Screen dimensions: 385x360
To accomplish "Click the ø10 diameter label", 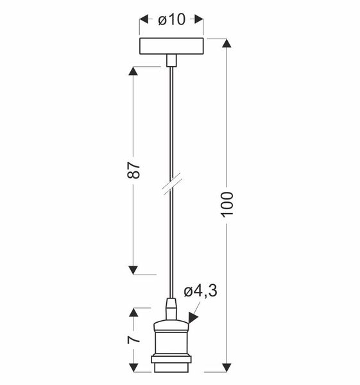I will [x=171, y=20].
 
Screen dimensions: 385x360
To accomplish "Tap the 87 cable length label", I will [x=133, y=170].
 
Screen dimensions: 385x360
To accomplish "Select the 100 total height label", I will [x=227, y=203].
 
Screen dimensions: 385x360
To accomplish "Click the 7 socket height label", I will [x=133, y=340].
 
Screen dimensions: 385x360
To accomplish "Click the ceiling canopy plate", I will [x=171, y=47].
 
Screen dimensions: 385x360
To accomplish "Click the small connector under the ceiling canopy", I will [x=171, y=61].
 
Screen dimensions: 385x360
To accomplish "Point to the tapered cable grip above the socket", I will [x=171, y=306].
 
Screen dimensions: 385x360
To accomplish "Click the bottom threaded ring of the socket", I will [x=171, y=364].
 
